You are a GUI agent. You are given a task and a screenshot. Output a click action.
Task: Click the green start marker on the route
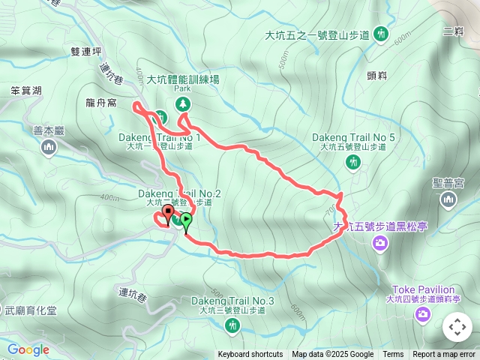point(185,220)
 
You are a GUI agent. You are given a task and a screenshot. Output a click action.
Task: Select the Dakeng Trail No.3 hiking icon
point(232,325)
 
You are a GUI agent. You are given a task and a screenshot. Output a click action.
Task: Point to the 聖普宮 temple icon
point(448,199)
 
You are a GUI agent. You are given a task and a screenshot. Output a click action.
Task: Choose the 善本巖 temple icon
point(49,147)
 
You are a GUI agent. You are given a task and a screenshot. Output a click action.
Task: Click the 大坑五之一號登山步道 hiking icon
point(381,34)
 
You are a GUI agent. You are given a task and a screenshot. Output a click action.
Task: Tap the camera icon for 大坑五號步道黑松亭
point(380,241)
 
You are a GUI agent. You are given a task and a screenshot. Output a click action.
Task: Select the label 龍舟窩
point(101,103)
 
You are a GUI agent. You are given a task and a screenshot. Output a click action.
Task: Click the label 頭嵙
point(376,76)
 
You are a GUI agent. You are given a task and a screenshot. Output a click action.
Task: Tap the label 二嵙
point(454,31)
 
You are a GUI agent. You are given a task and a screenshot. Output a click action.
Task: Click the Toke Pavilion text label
point(424,289)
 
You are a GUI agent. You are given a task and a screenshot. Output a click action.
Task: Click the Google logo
point(28,349)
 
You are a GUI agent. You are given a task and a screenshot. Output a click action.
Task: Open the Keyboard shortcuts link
point(250,355)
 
